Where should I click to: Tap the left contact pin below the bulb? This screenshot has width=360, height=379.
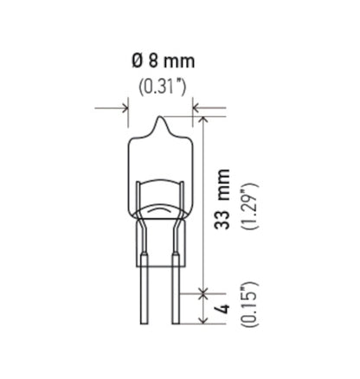145,294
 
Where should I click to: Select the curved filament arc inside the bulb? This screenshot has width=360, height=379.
160,212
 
